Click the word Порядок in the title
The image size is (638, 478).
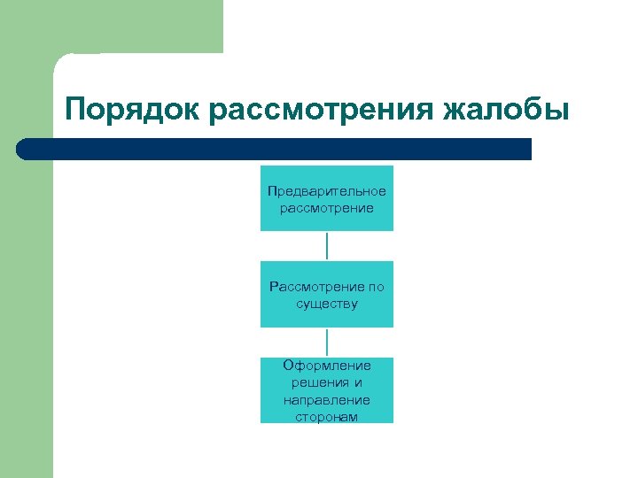[x=134, y=111]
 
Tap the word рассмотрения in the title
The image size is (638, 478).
[x=321, y=111]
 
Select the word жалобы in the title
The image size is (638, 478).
[x=505, y=111]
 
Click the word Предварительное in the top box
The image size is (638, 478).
[x=327, y=191]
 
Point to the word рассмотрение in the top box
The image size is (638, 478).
[x=327, y=208]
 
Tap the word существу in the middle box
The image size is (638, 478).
[x=327, y=304]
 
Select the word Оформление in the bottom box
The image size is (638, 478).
[x=327, y=366]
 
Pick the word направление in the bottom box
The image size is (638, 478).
[x=327, y=399]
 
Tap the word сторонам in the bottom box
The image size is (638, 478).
[x=327, y=416]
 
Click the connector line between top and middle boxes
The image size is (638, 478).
[x=327, y=246]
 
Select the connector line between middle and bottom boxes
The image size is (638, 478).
[x=327, y=343]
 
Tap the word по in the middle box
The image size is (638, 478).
[x=376, y=287]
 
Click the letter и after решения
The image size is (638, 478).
[x=358, y=382]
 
